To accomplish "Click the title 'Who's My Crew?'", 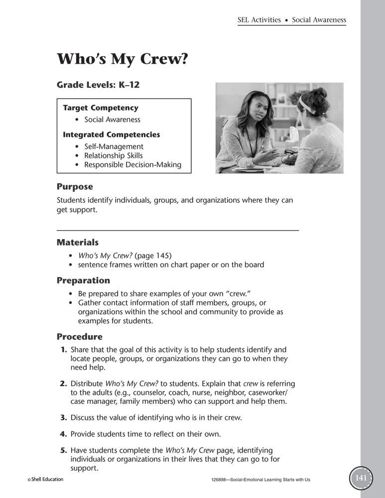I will [x=122, y=58].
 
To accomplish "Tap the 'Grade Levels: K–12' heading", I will [x=98, y=85].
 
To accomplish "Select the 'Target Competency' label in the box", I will [x=101, y=108].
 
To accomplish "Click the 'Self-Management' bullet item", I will [x=114, y=146].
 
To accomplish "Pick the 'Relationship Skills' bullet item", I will [x=113, y=155].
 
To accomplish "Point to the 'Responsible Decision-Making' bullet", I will [x=132, y=165].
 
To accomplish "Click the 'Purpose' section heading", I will [x=75, y=187].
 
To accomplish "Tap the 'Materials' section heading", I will [x=78, y=243].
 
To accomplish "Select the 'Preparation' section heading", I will [x=83, y=280].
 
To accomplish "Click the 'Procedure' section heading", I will [x=80, y=337].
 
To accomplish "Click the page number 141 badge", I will [x=361, y=479].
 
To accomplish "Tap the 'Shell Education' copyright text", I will [x=45, y=480].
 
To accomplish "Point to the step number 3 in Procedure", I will [x=64, y=417].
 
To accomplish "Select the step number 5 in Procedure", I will [x=64, y=450].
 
